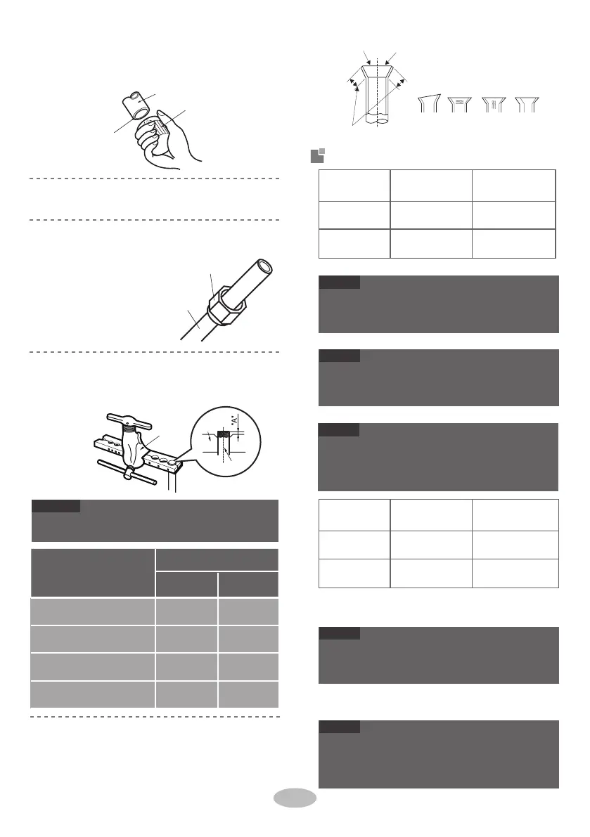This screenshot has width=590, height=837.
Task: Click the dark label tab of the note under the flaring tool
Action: (56, 506)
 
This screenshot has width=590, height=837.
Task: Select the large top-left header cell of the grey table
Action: (93, 573)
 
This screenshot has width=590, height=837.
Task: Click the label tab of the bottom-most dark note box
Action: (339, 727)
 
